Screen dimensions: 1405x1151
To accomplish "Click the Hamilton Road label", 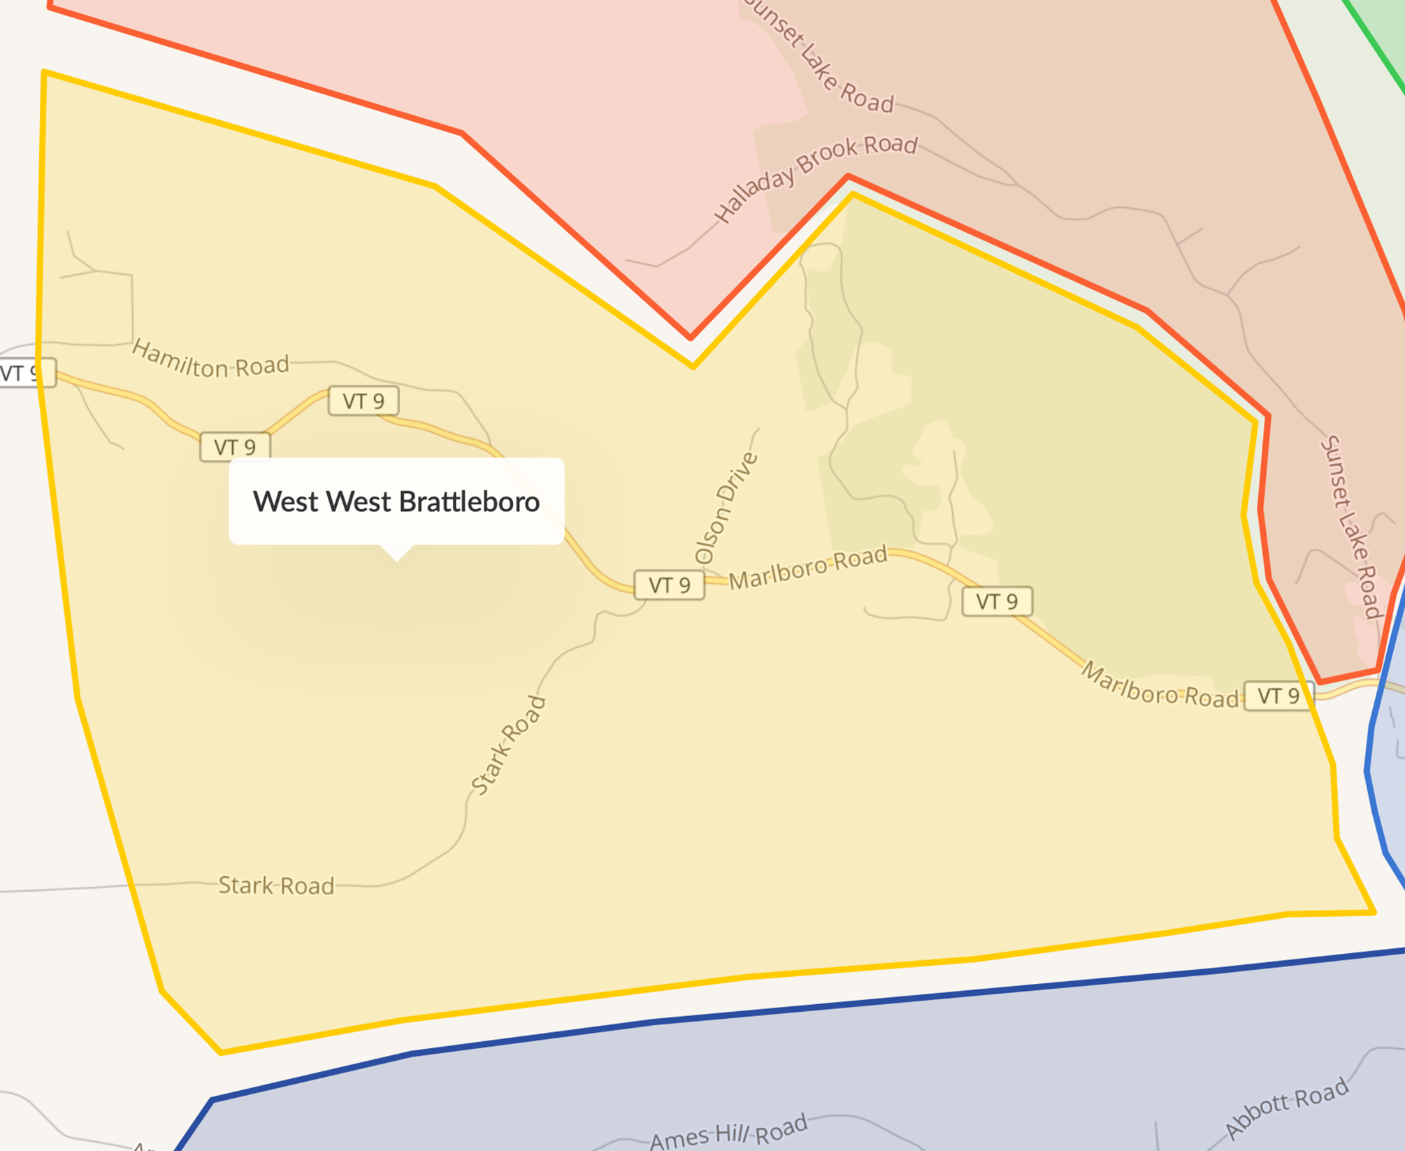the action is pyautogui.click(x=210, y=359).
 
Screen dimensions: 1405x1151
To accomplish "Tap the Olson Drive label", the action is pyautogui.click(x=726, y=508).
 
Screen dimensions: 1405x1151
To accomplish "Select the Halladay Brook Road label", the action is pyautogui.click(x=815, y=178).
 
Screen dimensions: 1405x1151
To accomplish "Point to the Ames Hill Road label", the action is pyautogui.click(x=728, y=1131).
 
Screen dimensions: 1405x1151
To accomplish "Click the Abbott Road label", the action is pyautogui.click(x=1286, y=1108).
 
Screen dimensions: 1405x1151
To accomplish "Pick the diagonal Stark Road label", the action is pyautogui.click(x=508, y=746).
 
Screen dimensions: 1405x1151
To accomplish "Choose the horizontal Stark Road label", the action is pyautogui.click(x=276, y=886).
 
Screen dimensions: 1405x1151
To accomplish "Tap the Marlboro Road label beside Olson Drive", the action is pyautogui.click(x=808, y=568).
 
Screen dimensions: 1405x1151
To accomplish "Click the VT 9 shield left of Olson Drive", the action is pyautogui.click(x=669, y=585).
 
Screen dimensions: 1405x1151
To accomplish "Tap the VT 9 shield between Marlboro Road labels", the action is pyautogui.click(x=997, y=601).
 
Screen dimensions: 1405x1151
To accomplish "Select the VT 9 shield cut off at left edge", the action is pyautogui.click(x=25, y=373).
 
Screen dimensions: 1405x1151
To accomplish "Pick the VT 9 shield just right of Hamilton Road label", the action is pyautogui.click(x=363, y=401).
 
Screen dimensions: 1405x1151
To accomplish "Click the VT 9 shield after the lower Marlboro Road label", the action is pyautogui.click(x=1278, y=696).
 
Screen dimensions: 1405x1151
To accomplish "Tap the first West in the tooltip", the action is pyautogui.click(x=285, y=502).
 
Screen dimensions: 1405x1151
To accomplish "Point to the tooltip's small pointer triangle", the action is pyautogui.click(x=396, y=553).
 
